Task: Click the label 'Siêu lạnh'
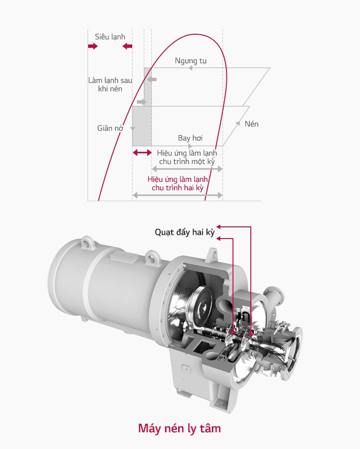coord(110,37)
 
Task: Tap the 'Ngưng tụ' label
coord(190,61)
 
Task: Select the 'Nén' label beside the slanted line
coord(251,124)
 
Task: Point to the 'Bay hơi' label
coord(190,138)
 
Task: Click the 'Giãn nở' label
coord(110,128)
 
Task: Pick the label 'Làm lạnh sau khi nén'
coord(110,84)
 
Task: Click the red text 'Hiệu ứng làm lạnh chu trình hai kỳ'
coord(178,184)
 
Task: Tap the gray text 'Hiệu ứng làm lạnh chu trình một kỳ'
coord(187,157)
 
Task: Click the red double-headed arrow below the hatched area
coord(142,153)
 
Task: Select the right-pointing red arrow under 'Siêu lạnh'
coord(93,46)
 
